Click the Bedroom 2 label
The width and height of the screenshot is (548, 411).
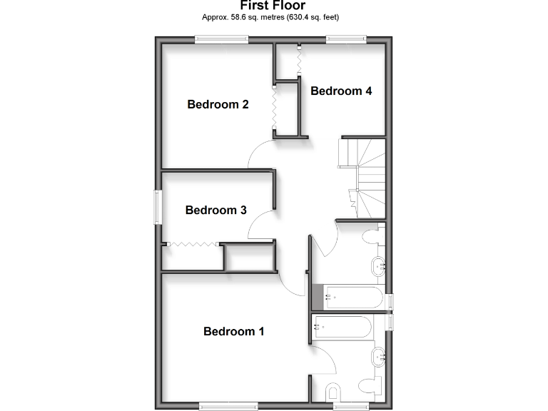(218, 104)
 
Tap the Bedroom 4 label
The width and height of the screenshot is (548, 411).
(341, 91)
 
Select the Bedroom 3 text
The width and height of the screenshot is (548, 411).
(215, 210)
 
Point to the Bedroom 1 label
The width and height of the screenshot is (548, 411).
(234, 331)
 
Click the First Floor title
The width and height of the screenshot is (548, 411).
(273, 6)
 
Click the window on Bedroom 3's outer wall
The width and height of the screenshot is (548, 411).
(157, 207)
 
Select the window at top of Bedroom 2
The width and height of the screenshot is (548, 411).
(222, 40)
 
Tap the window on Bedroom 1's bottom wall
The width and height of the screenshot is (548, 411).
(228, 406)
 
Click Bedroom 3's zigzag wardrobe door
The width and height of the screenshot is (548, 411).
(191, 244)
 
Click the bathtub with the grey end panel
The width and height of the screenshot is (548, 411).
(350, 298)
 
